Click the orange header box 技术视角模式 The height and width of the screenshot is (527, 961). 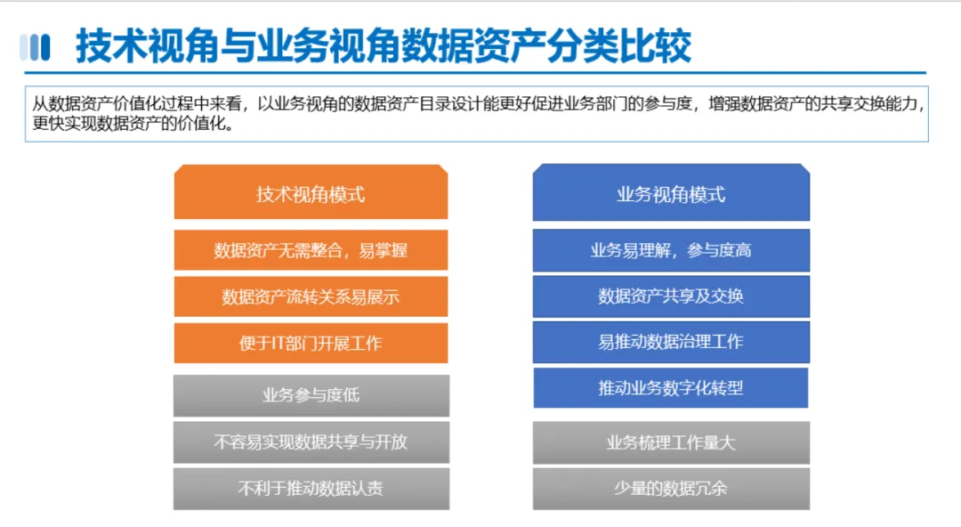(311, 191)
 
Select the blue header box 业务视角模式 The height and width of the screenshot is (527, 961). (671, 192)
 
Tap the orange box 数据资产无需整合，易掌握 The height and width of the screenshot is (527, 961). (311, 249)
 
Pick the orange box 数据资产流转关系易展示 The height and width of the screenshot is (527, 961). (311, 296)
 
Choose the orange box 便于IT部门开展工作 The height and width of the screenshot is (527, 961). (311, 343)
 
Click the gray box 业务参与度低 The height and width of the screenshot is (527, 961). (311, 396)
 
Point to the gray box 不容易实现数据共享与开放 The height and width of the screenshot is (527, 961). (311, 442)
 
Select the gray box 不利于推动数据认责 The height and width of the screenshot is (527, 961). (311, 489)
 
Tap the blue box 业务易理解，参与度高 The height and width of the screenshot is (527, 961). (671, 250)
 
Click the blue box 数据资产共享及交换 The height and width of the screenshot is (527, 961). (671, 296)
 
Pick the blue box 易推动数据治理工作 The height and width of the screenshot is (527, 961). (671, 343)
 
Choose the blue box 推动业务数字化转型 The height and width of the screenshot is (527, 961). (671, 388)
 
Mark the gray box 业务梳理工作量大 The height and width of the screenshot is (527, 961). (671, 442)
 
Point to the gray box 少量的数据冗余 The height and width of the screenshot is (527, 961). (671, 489)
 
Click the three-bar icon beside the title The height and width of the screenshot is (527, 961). (35, 47)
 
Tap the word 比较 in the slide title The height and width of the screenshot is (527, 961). (656, 46)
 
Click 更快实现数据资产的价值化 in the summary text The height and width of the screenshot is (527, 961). (128, 124)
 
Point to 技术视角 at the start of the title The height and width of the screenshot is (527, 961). (147, 46)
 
